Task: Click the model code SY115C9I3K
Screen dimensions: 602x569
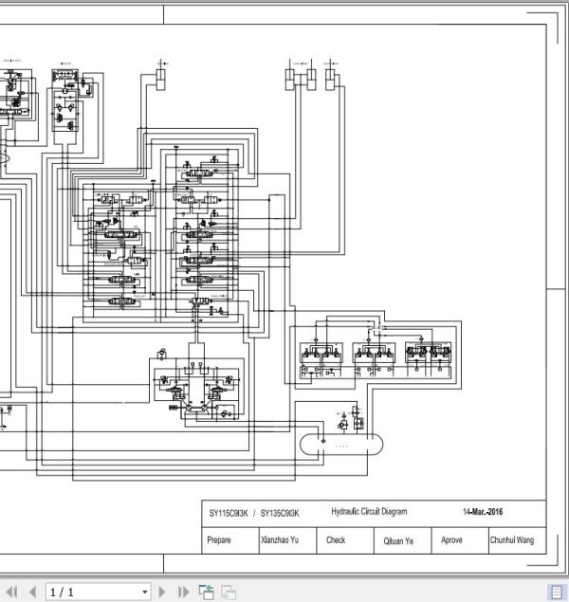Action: click(x=229, y=513)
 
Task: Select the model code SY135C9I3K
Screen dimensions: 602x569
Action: click(x=280, y=513)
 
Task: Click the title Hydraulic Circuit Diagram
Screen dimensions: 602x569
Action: click(x=369, y=512)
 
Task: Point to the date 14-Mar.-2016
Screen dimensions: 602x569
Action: click(x=483, y=513)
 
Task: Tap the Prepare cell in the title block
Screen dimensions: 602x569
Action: click(x=218, y=540)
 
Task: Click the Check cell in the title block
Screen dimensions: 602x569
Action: click(x=336, y=540)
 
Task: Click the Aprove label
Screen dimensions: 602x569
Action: click(x=451, y=540)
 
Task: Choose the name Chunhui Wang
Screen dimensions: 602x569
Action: click(x=511, y=540)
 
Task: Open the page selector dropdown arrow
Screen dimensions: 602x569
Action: click(x=145, y=592)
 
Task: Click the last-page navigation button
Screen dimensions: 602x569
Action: click(x=183, y=592)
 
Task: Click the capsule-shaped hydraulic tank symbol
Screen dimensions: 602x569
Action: click(x=341, y=443)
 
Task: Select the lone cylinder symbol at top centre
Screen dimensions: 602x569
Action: click(x=160, y=78)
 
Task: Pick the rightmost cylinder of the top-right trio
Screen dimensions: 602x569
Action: click(x=330, y=78)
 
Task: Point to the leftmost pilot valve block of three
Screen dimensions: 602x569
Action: click(x=318, y=353)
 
